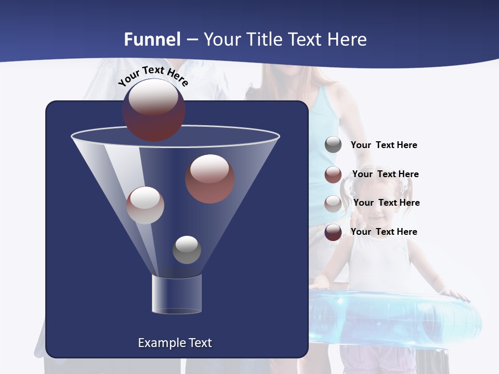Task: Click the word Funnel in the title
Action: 152,39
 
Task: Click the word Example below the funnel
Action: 156,343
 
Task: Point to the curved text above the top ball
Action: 153,76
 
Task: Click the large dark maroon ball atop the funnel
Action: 153,110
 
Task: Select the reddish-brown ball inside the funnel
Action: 210,179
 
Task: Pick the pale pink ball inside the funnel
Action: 146,205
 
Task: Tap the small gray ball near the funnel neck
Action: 187,249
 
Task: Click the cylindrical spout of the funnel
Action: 176,294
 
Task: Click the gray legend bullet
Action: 333,145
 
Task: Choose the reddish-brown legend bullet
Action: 333,175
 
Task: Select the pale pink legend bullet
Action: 333,203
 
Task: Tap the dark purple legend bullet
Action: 333,232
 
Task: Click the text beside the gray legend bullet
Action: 384,145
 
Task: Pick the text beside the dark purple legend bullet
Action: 384,232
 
